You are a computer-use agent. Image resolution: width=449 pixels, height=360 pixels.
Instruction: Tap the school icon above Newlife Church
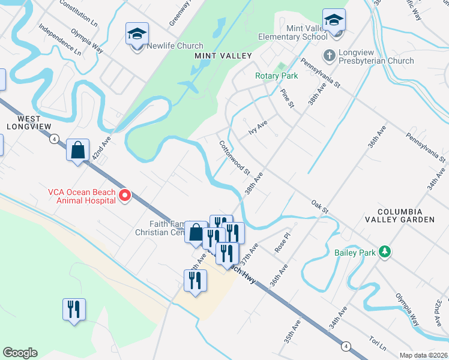[x=137, y=34]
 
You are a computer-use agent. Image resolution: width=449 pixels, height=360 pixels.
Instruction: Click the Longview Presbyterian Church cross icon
[x=329, y=56]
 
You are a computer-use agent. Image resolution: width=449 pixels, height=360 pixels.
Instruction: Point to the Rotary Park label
[x=276, y=76]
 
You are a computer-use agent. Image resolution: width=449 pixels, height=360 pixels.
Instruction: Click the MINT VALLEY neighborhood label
[x=214, y=56]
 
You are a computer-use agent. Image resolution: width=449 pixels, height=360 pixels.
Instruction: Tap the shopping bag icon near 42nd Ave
[x=78, y=151]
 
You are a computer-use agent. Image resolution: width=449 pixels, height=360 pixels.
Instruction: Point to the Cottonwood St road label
[x=235, y=157]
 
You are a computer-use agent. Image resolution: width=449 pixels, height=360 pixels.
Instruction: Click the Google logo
[x=20, y=353]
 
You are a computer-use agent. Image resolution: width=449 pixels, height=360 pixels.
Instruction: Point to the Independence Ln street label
[x=59, y=40]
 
